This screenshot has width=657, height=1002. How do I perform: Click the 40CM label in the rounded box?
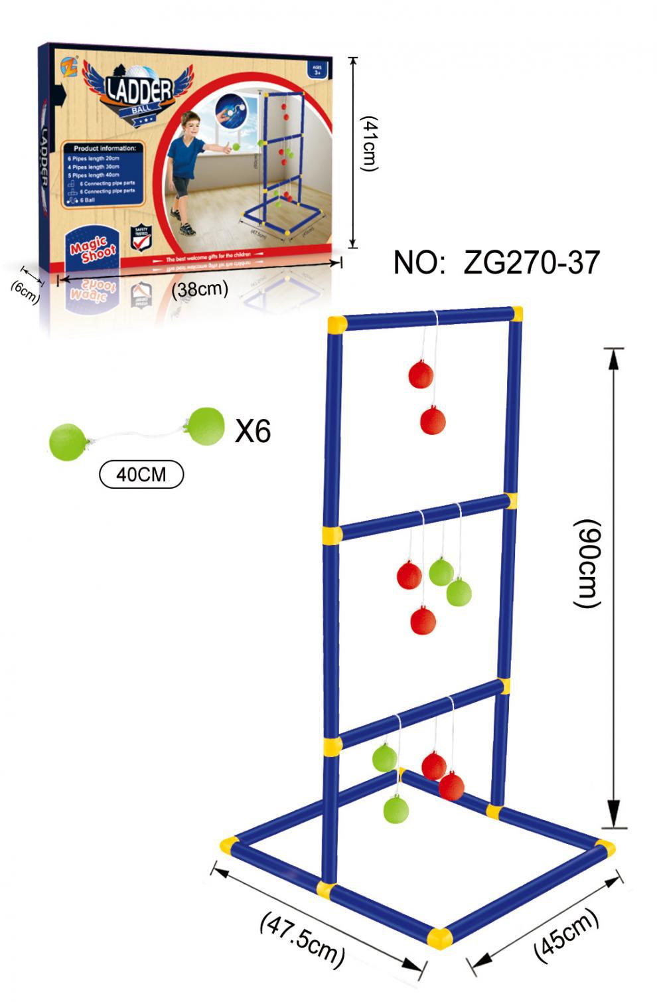click(141, 474)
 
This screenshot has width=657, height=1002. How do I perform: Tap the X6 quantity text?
click(253, 431)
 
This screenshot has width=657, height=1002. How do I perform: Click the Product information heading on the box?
click(104, 148)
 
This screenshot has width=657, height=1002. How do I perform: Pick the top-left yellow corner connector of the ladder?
click(337, 325)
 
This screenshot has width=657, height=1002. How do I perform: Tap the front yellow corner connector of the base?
click(439, 938)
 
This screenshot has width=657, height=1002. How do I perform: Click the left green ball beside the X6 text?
click(68, 440)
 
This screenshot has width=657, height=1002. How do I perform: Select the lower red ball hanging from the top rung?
click(433, 420)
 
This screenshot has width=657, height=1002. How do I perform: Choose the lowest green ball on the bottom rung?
click(396, 809)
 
